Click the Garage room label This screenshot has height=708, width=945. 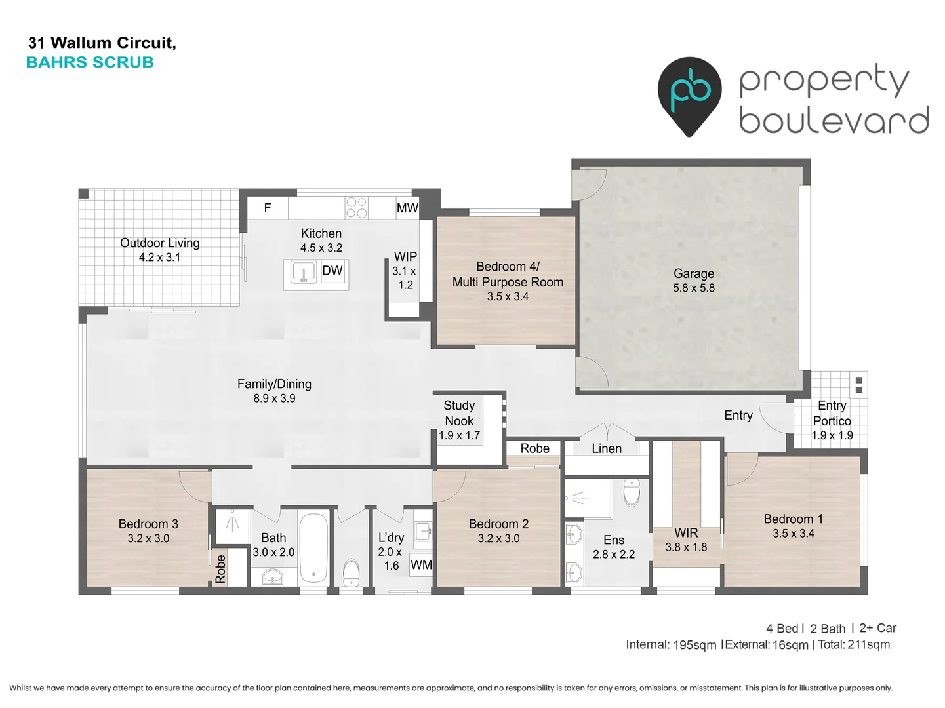point(693,273)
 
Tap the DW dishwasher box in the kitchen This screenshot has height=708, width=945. point(332,271)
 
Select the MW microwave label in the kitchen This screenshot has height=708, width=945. point(407,208)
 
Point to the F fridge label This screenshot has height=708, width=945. point(268,208)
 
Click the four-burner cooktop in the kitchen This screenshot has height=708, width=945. point(356,208)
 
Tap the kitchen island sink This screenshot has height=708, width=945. point(303,271)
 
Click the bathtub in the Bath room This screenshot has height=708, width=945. point(313,547)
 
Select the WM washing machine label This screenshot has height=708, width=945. point(421,564)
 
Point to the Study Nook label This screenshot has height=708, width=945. point(459,413)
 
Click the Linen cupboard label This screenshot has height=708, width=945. point(607,448)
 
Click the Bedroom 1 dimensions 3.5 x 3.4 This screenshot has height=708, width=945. point(794,534)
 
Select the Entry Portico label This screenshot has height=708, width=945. point(832,413)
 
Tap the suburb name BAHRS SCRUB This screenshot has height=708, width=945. point(90,62)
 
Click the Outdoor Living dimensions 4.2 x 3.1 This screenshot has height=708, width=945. point(159,258)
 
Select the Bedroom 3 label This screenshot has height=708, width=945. point(148,524)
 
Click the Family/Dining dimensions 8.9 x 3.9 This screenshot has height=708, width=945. point(274,399)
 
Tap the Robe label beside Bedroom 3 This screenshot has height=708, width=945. point(220,568)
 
